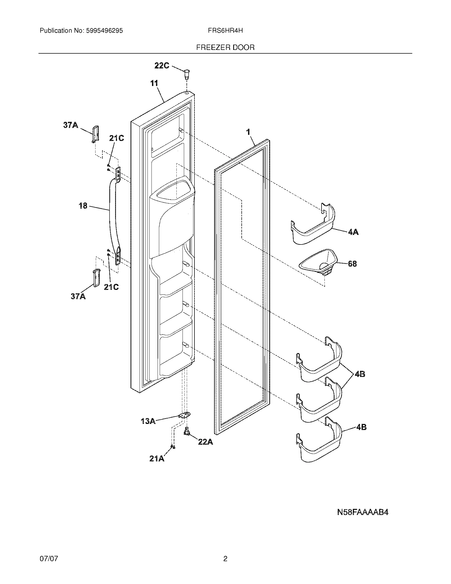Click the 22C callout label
162,65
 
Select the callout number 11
154,83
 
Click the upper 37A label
71,125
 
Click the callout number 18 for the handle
83,206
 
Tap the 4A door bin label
353,232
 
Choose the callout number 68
352,264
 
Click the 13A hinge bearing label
148,421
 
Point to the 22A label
205,442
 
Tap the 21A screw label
157,459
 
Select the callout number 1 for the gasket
248,132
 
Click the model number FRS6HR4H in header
225,31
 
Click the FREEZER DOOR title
225,48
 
